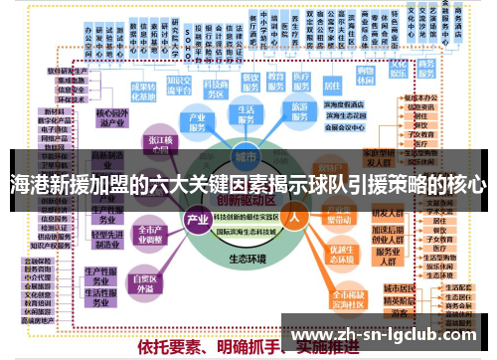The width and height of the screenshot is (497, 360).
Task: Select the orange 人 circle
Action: [293, 214]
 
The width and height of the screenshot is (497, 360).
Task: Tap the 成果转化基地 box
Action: [143, 92]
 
